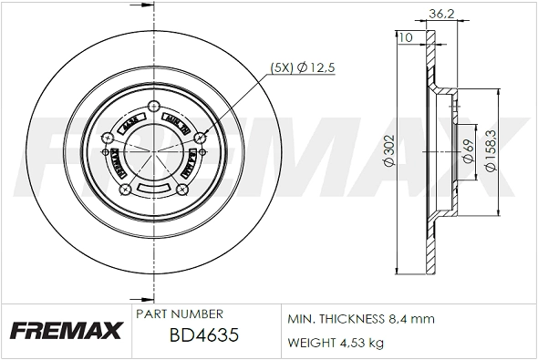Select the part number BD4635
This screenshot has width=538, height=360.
click(204, 335)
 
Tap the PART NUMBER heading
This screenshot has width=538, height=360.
click(179, 314)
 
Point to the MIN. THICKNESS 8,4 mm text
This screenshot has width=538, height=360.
click(361, 319)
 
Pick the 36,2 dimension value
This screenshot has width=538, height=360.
click(440, 13)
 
